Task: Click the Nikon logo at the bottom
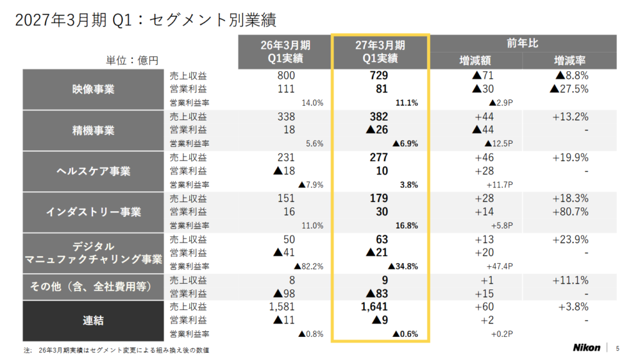pos(586,347)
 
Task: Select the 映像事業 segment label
pos(93,89)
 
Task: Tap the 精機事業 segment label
pos(93,131)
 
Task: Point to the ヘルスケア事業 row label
pos(93,171)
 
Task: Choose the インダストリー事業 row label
pos(93,212)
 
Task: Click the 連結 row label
pos(93,321)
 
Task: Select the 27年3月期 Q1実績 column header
pos(380,52)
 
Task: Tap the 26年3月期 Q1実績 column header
pos(285,52)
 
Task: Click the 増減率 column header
pos(569,61)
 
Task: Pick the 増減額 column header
pos(475,61)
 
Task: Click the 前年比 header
pos(522,43)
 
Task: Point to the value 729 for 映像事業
pos(379,76)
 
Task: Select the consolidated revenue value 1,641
pos(374,307)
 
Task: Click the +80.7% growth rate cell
pos(570,212)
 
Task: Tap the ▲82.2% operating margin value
pos(309,266)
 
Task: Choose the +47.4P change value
pos(499,266)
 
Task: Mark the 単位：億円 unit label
pos(132,61)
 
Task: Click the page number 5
pos(617,348)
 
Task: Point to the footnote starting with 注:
pos(116,350)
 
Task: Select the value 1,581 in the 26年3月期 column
pos(282,307)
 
